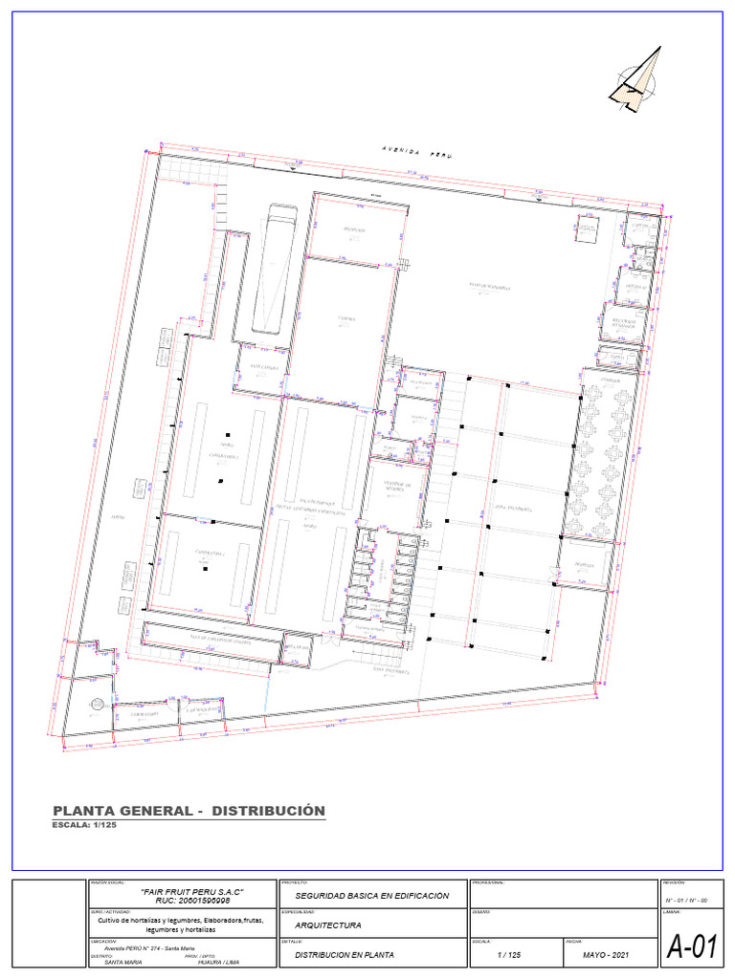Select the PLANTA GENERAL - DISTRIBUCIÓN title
(x=189, y=811)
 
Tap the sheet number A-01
(x=691, y=946)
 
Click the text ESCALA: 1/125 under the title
(x=83, y=825)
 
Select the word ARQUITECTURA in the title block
(x=328, y=925)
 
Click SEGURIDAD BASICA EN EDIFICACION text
(x=371, y=896)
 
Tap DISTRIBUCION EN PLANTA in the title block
(x=345, y=954)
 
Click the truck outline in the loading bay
(x=276, y=269)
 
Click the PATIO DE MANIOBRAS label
(x=495, y=286)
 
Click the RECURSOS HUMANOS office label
(x=624, y=322)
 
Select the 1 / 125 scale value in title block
(x=509, y=954)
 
